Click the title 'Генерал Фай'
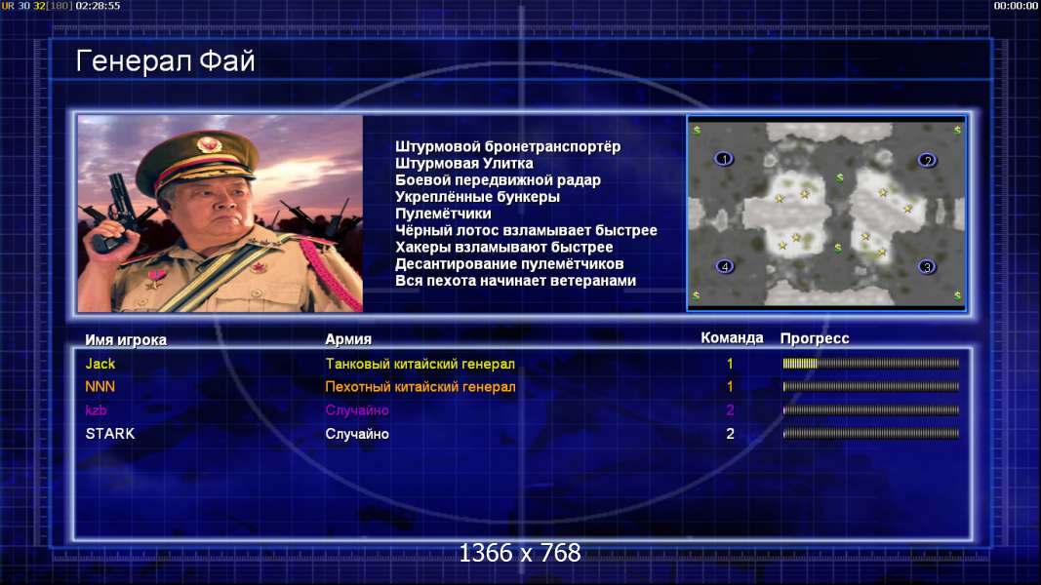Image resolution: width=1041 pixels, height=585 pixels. [165, 61]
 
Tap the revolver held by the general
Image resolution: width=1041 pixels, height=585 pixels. [113, 213]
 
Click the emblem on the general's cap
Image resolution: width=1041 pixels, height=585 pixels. [209, 143]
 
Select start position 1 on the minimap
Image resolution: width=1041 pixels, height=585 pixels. [724, 159]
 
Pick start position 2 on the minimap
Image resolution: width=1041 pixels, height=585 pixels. [928, 160]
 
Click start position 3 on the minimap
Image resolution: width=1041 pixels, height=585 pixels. [927, 266]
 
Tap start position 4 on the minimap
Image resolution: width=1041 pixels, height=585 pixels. [725, 266]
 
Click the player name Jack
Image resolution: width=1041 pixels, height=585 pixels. [100, 364]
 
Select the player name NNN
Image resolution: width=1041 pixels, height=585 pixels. [100, 387]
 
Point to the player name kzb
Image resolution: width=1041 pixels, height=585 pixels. [97, 409]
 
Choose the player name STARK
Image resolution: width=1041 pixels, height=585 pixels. [110, 434]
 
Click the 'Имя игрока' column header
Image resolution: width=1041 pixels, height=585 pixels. [126, 339]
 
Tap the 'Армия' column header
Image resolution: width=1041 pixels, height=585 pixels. [348, 339]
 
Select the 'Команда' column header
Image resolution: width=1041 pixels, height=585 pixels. [732, 337]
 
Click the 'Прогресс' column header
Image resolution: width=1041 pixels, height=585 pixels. [815, 338]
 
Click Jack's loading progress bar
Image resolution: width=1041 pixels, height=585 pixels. [871, 364]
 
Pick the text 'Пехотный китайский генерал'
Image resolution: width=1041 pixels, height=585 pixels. [420, 387]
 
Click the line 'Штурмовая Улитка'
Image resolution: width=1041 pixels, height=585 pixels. [464, 163]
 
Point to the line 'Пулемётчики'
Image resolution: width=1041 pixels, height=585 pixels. [443, 214]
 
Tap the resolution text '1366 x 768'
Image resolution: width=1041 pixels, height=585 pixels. [520, 553]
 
